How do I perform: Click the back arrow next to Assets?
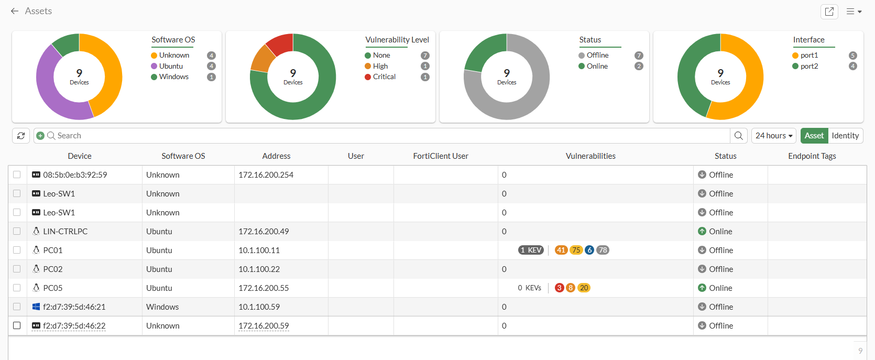[x=15, y=11]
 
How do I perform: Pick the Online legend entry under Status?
[x=597, y=66]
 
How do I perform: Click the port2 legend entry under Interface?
[x=808, y=66]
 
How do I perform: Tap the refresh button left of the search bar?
[x=21, y=136]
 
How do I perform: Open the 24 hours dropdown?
[x=773, y=136]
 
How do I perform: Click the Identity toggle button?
[x=845, y=136]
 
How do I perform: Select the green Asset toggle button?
[x=814, y=136]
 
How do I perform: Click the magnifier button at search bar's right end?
[x=738, y=136]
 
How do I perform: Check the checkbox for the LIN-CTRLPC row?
[x=17, y=231]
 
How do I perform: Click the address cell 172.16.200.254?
[x=266, y=175]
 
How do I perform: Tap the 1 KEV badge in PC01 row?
[x=531, y=250]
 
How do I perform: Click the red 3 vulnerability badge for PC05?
[x=559, y=288]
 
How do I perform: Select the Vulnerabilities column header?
[x=590, y=156]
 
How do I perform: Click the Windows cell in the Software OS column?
[x=162, y=307]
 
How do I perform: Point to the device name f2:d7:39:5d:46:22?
[x=74, y=325]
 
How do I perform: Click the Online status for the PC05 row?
[x=720, y=288]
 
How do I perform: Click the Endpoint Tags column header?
[x=812, y=156]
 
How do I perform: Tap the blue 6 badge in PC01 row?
[x=589, y=250]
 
